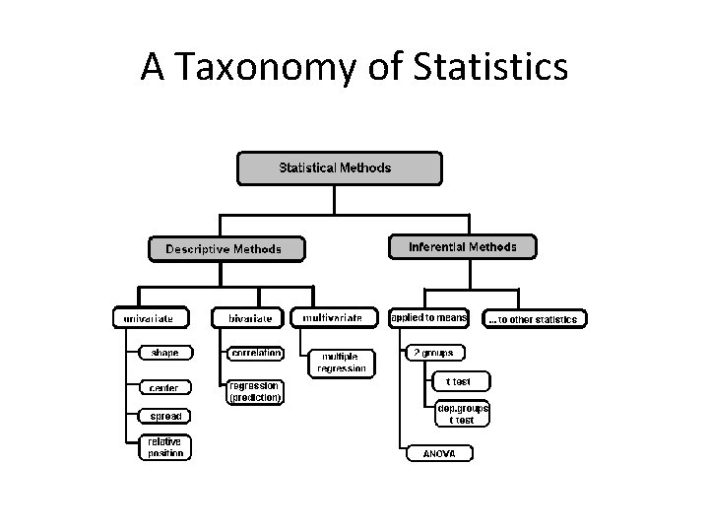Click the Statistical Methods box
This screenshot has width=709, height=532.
pos(335,167)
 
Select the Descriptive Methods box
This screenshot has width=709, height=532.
pos(226,248)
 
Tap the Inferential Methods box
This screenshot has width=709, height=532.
pos(462,246)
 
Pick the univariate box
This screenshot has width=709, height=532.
pos(150,318)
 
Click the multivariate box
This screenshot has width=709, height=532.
pos(334,318)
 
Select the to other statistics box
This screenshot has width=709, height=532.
pos(536,319)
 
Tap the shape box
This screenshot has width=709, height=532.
pos(164,353)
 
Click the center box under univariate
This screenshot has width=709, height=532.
pos(164,387)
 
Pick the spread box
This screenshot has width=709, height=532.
pos(164,417)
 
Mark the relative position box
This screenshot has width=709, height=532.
pos(164,447)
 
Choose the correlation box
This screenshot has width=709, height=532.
pos(255,352)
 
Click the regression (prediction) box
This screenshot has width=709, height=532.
pos(255,392)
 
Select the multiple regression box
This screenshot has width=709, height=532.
pos(342,362)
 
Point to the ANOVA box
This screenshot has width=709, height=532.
pos(439,453)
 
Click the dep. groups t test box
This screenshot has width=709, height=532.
pos(461,414)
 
